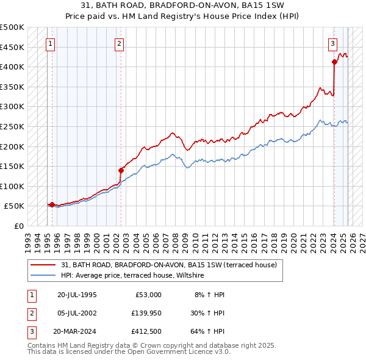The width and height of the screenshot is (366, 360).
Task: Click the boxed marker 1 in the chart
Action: pos(49,43)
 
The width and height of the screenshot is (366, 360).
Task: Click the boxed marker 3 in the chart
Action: pos(332,43)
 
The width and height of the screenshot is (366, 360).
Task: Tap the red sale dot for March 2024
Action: pos(334,62)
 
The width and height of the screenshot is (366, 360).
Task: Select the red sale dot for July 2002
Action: pos(121,170)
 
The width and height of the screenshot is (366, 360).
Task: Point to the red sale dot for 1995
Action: pos(52,205)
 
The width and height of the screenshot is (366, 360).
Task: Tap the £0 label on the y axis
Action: pos(18,226)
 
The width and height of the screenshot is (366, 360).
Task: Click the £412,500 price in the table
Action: pos(146,333)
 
